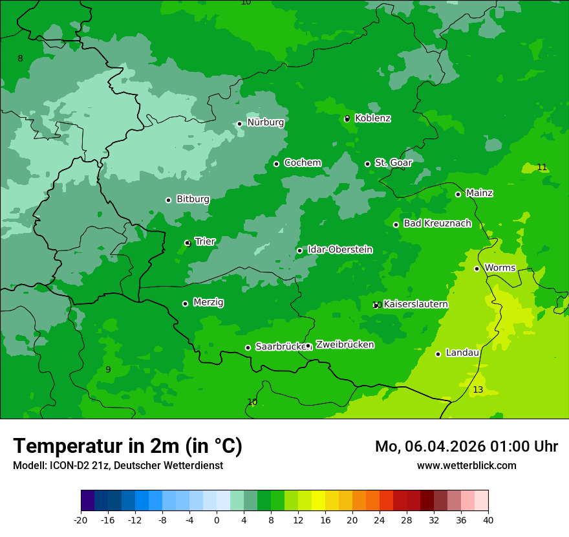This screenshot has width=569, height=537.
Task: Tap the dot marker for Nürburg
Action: tap(239, 124)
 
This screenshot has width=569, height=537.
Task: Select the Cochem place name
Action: tap(302, 163)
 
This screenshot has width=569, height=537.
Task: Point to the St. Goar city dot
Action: tap(367, 164)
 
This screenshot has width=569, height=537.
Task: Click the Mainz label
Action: tap(479, 193)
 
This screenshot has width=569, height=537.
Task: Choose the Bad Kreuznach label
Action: tap(437, 224)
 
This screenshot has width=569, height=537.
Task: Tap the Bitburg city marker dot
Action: tap(168, 200)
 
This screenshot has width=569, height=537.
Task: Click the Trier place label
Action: tap(205, 242)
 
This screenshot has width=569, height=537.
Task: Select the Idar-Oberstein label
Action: tap(339, 250)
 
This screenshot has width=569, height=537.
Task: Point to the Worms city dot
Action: tap(477, 268)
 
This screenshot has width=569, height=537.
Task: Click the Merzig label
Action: tap(208, 303)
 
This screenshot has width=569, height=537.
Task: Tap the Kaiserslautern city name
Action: tap(416, 304)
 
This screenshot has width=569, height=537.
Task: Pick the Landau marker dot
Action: tap(438, 354)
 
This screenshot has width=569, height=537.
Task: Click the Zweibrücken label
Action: tap(345, 345)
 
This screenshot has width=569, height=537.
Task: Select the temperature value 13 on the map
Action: tap(478, 389)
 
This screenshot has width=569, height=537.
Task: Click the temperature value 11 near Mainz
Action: tap(542, 168)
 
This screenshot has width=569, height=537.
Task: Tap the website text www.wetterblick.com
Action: tap(466, 465)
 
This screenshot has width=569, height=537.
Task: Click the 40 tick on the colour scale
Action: tap(488, 520)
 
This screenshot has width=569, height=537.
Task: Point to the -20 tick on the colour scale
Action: tap(80, 520)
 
